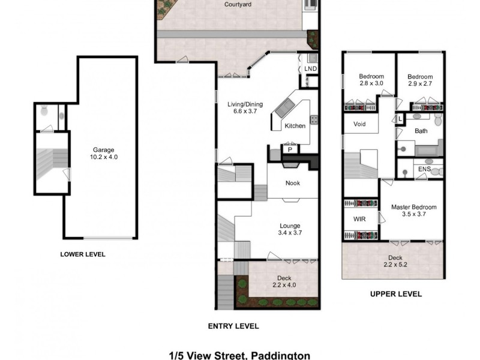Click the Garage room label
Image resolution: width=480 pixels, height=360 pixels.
[103, 150]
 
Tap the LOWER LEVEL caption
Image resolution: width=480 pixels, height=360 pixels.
[83, 254]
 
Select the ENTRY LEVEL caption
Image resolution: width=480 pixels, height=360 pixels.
[233, 326]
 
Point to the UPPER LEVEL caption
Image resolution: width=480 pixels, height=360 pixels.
[395, 294]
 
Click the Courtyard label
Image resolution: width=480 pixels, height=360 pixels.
[238, 4]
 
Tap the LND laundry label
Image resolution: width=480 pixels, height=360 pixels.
[310, 69]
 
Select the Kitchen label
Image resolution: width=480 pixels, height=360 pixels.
[295, 126]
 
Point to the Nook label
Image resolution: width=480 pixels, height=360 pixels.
[292, 184]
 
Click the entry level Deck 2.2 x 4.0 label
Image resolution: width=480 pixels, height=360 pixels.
[284, 281]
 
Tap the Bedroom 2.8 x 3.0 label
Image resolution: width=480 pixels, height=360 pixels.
[371, 80]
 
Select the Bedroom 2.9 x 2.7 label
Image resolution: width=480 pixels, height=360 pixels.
[419, 80]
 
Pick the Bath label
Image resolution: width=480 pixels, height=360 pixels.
[421, 131]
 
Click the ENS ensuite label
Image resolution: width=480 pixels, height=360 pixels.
[424, 170]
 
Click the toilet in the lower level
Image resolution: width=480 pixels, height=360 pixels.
[44, 112]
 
